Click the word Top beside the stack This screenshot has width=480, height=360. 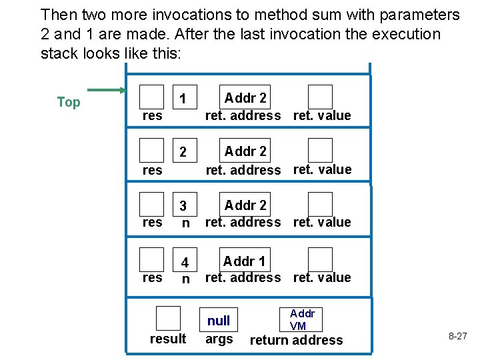69,102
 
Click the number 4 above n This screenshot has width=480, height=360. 186,262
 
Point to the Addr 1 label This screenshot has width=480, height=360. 244,261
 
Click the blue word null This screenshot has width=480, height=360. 219,321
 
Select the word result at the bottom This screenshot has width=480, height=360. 168,339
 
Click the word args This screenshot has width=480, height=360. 219,339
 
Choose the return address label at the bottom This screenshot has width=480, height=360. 296,340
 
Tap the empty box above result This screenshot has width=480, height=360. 168,318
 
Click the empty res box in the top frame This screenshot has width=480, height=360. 152,96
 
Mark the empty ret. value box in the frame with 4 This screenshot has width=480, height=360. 320,259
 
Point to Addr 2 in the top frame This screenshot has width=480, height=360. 245,98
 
